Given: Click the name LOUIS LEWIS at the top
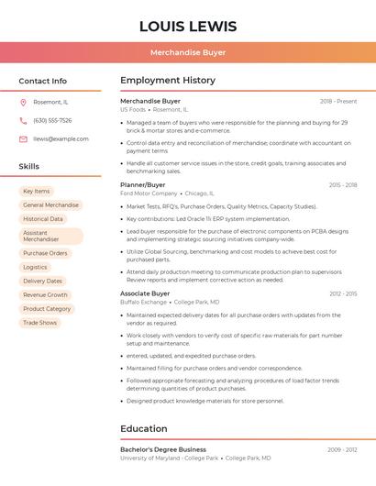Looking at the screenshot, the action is [188, 27].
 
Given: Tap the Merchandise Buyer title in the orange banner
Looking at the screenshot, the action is [188, 52].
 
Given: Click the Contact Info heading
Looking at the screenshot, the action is [43, 81].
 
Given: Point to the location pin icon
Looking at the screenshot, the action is [23, 102].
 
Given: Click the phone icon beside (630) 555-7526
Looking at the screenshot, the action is [23, 120].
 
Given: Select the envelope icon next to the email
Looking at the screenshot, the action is [23, 139].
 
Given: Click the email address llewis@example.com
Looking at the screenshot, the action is [61, 139].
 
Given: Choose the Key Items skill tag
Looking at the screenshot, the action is [37, 191].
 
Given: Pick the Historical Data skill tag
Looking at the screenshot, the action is [43, 219].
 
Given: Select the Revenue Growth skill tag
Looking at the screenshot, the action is [46, 295].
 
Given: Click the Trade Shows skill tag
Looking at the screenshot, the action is [40, 323].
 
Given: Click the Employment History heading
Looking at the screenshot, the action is [168, 81].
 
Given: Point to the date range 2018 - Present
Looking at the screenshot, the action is [338, 102].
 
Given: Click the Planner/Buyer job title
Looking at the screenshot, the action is [143, 184].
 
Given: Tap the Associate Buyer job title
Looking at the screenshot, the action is [145, 293].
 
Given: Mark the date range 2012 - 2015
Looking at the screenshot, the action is [343, 293].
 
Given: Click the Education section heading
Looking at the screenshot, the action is [145, 428].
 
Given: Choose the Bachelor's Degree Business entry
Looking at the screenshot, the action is [163, 449].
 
